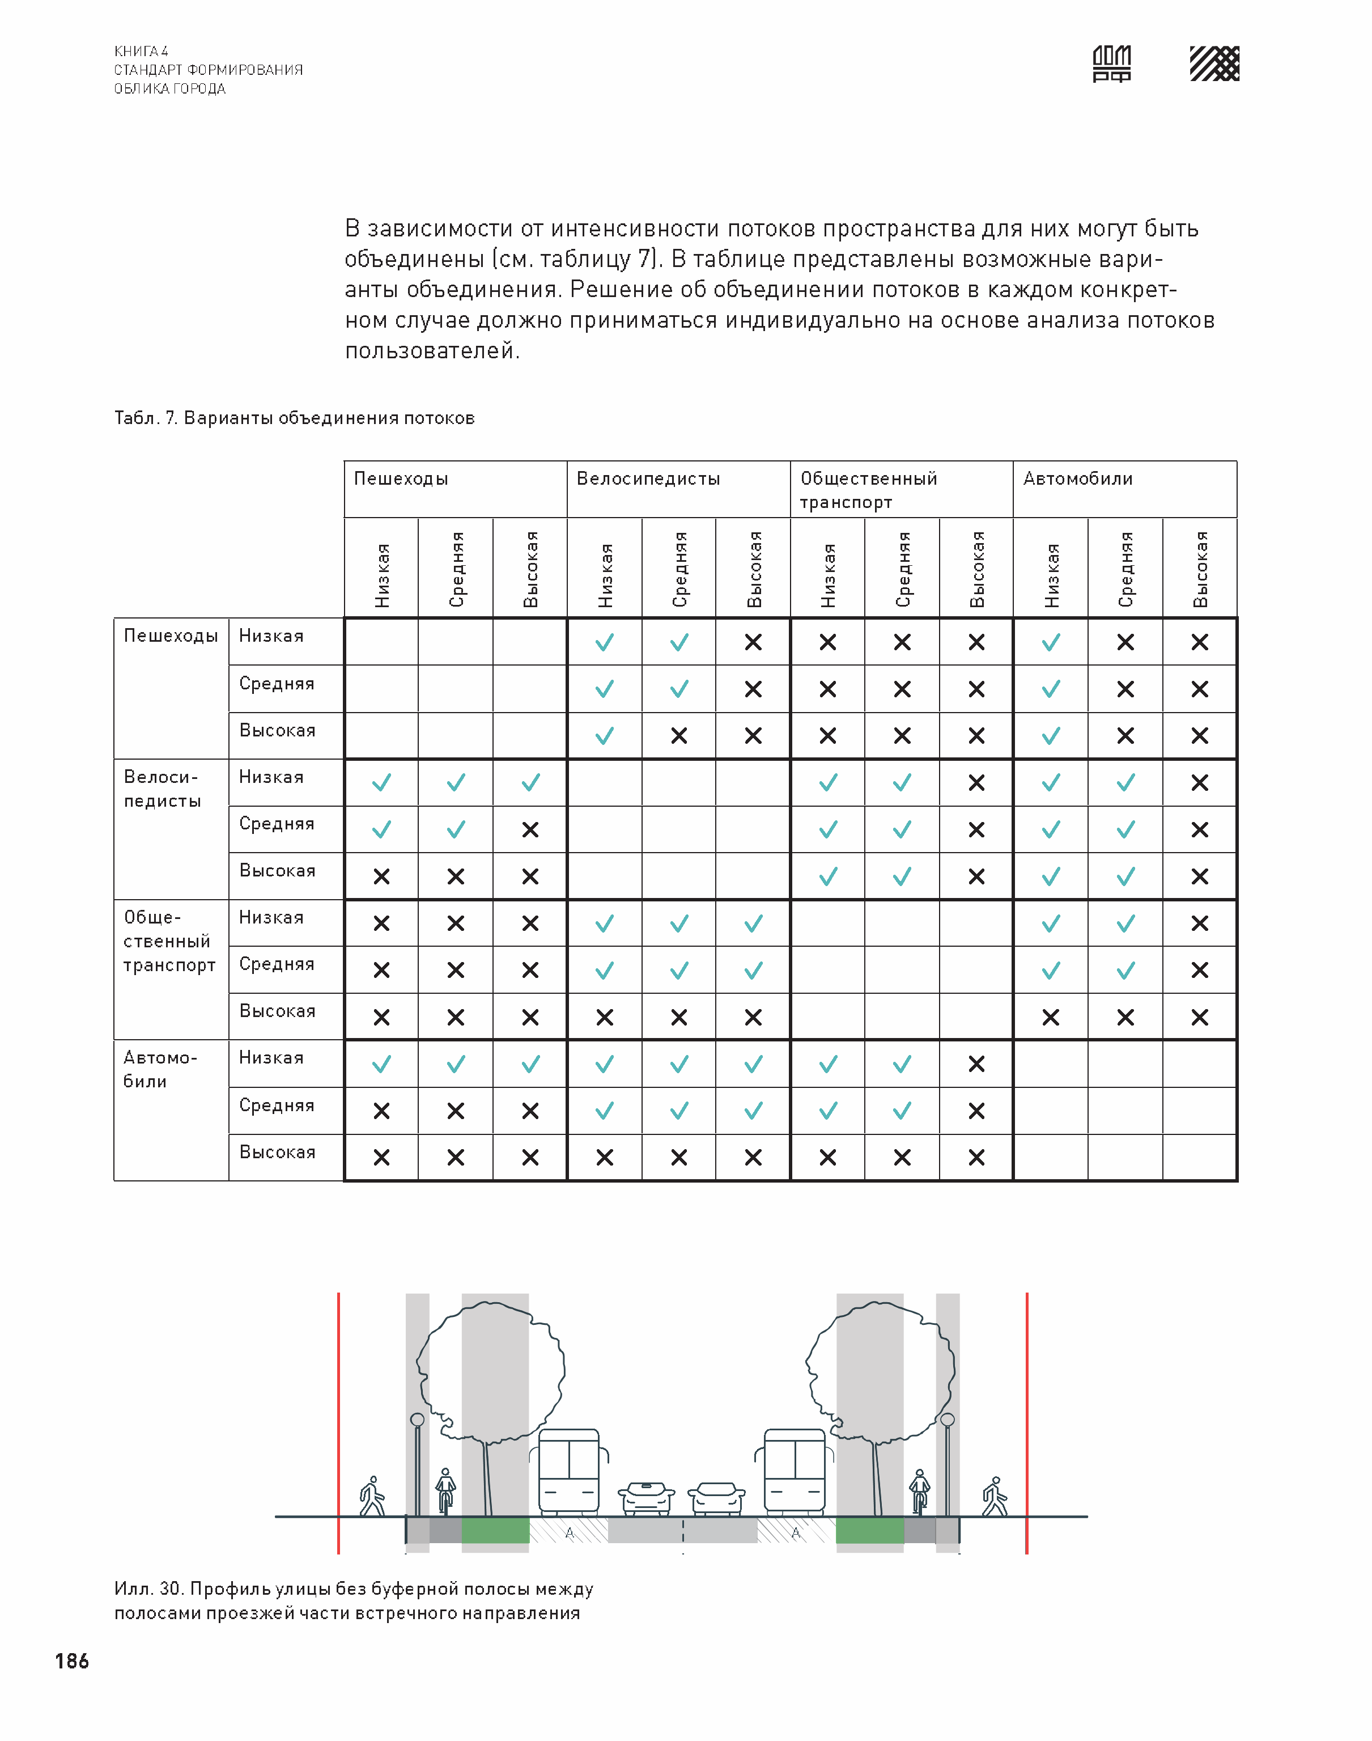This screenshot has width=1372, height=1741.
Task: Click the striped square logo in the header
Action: [x=1214, y=63]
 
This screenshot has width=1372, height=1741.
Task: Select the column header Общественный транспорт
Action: [x=868, y=489]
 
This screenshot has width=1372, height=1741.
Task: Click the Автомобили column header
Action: [x=1077, y=479]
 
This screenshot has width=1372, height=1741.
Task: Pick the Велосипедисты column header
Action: [x=648, y=479]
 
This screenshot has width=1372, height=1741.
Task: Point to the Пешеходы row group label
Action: [x=170, y=636]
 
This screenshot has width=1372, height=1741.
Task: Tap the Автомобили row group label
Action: [x=159, y=1069]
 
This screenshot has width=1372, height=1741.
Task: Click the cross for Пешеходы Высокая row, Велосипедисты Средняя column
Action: [x=679, y=736]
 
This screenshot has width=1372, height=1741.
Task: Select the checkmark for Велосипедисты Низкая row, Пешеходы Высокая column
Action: [x=530, y=782]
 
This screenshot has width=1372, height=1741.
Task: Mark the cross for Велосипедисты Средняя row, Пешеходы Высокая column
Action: [x=530, y=830]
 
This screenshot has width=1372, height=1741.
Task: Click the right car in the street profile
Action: [x=717, y=1498]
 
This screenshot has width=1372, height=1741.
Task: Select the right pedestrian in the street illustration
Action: [x=995, y=1497]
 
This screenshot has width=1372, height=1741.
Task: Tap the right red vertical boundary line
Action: [x=1026, y=1422]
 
